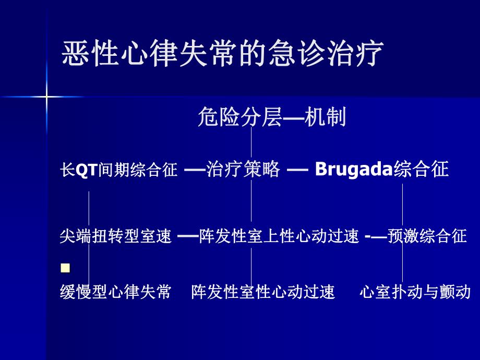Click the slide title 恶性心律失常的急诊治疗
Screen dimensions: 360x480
(x=222, y=54)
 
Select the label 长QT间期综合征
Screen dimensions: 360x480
(x=119, y=170)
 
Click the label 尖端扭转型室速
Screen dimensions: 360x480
(x=116, y=236)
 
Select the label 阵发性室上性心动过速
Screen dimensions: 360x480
(x=279, y=236)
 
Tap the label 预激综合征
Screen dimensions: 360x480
(x=427, y=236)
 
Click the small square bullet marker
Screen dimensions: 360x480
(x=65, y=268)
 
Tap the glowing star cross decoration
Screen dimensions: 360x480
(x=46, y=97)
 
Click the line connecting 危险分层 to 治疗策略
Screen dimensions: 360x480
(x=251, y=143)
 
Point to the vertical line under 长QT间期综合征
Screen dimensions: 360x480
(x=89, y=209)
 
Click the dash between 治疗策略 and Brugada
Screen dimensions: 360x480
(x=298, y=170)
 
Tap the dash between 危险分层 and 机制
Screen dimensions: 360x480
(x=293, y=119)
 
